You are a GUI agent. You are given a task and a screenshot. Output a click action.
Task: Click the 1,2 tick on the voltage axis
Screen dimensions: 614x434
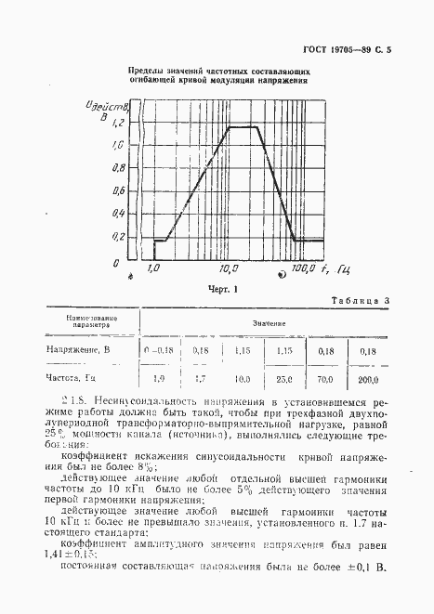click(116, 123)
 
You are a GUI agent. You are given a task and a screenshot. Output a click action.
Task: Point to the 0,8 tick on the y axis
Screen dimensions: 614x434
click(117, 168)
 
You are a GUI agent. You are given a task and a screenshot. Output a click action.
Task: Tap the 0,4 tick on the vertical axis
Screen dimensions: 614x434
click(117, 214)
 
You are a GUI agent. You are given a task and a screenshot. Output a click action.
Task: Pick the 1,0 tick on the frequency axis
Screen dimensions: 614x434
click(154, 268)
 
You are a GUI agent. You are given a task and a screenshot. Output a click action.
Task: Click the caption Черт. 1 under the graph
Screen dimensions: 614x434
click(224, 288)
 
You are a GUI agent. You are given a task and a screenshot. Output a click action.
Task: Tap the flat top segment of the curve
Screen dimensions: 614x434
click(243, 126)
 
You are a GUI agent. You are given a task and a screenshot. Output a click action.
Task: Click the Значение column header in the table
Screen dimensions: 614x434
click(267, 324)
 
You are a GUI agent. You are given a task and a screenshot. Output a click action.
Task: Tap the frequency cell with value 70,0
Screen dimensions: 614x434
click(325, 379)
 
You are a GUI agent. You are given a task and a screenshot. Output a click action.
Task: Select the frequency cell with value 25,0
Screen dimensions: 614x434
click(283, 379)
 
